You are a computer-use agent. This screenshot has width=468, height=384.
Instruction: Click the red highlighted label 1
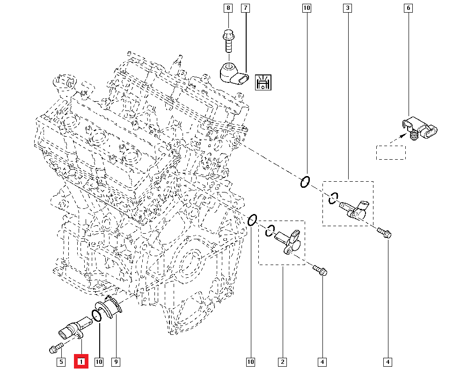[81, 362]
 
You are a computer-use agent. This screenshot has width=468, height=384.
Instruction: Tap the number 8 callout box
[228, 8]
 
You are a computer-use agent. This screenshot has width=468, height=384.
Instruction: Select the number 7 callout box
[246, 8]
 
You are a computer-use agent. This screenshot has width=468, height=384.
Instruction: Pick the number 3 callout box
[347, 8]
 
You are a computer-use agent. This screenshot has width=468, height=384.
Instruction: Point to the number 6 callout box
[408, 8]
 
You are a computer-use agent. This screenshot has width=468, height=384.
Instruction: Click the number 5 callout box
[61, 362]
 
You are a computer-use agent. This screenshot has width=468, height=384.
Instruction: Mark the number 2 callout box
[282, 362]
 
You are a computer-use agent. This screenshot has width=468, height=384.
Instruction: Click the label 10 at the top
[307, 8]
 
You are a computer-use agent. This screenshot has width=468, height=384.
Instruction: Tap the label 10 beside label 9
[99, 362]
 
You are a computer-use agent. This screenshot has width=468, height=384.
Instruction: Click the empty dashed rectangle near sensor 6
[391, 152]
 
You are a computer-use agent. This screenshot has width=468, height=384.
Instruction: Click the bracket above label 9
[112, 309]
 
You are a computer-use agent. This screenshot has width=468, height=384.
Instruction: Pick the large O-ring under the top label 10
[304, 182]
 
